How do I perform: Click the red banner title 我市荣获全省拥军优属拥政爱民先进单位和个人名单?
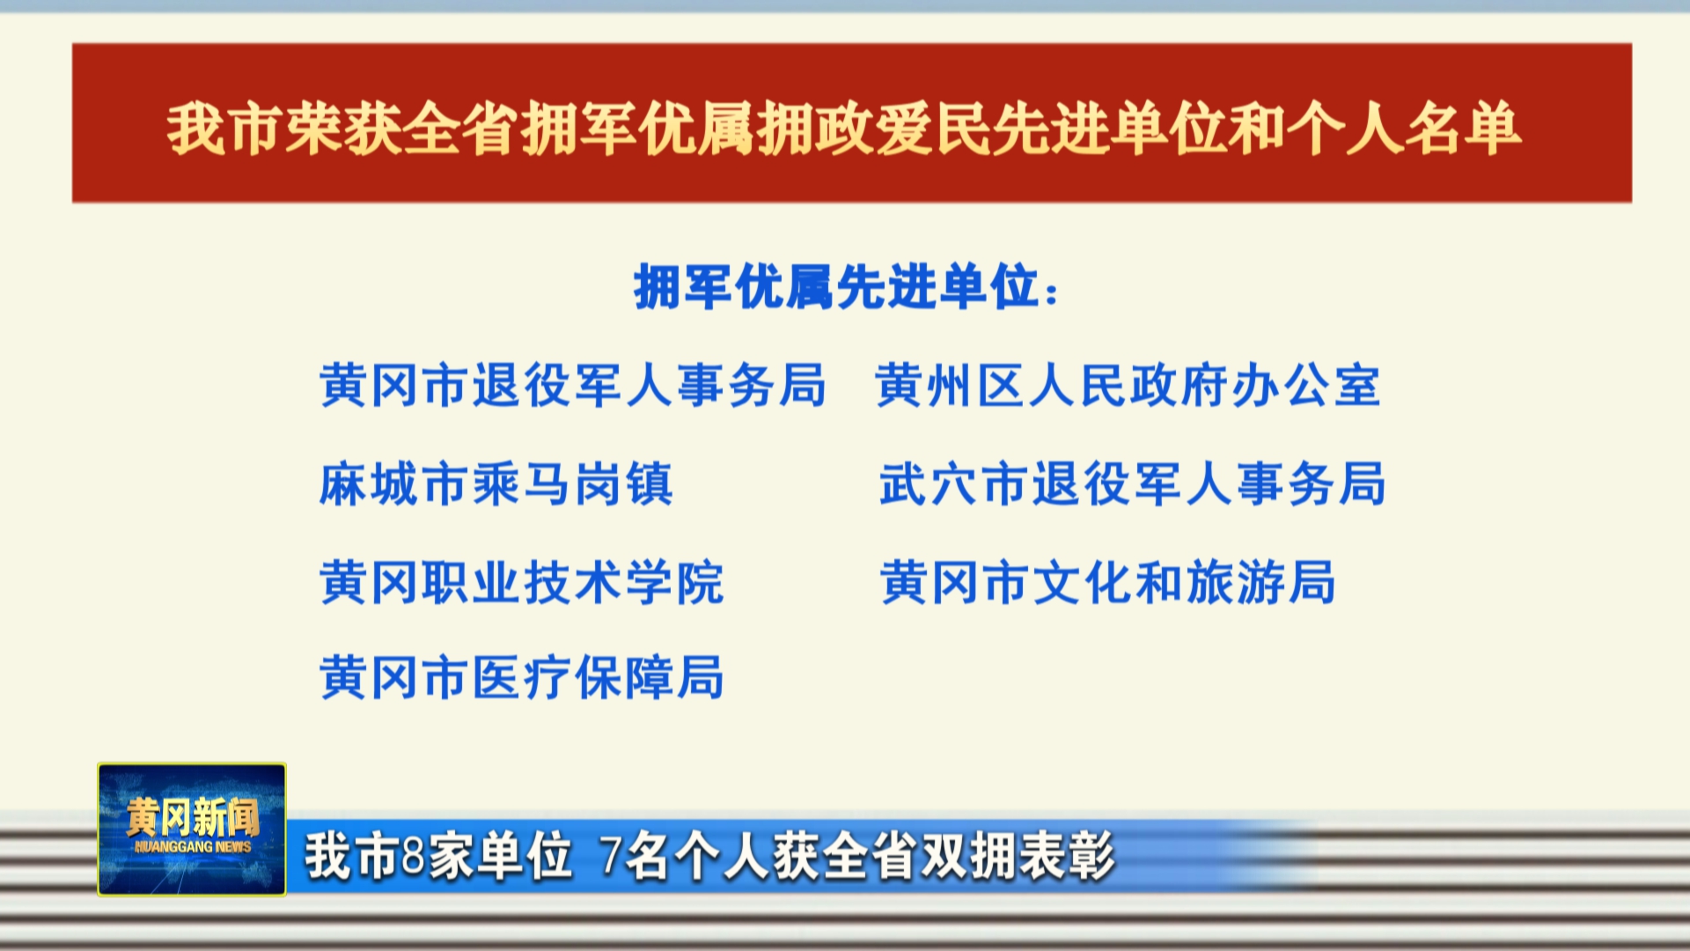(844, 129)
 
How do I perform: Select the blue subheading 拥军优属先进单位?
(835, 287)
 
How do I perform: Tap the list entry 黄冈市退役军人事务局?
(573, 386)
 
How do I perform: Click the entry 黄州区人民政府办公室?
(1128, 386)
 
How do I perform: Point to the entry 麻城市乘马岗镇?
(496, 484)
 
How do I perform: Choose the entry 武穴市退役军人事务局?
(1133, 484)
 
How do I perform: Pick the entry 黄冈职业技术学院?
(522, 583)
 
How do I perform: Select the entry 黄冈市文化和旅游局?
(1108, 583)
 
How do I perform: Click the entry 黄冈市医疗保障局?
(522, 678)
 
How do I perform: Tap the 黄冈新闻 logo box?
(192, 829)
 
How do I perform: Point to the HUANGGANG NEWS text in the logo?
(193, 847)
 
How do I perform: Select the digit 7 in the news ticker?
(611, 855)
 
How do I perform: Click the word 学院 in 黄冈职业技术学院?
(674, 583)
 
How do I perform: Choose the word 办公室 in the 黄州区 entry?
(1306, 386)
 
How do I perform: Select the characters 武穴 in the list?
(929, 484)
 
